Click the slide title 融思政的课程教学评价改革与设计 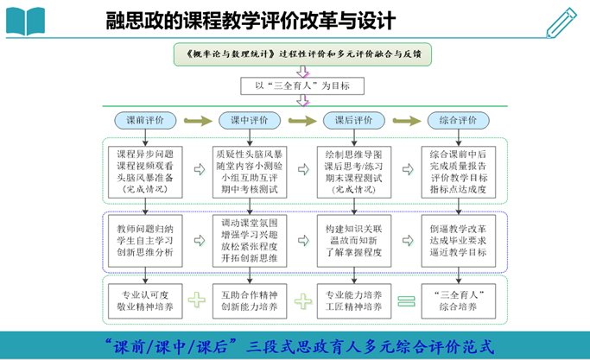point(251,19)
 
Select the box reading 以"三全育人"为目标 point(301,85)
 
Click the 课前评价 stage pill point(145,120)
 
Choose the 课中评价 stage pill point(250,120)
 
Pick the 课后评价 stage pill point(352,120)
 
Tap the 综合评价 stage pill point(458,120)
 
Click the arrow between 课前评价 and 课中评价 point(198,120)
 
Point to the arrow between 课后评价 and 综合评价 point(405,120)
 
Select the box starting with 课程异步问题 point(145,170)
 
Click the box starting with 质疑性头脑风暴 point(250,170)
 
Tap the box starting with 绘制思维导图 point(352,170)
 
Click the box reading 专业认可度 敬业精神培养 point(145,300)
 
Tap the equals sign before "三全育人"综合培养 point(405,300)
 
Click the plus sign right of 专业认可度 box point(198,300)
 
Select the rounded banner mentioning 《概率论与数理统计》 point(301,53)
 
